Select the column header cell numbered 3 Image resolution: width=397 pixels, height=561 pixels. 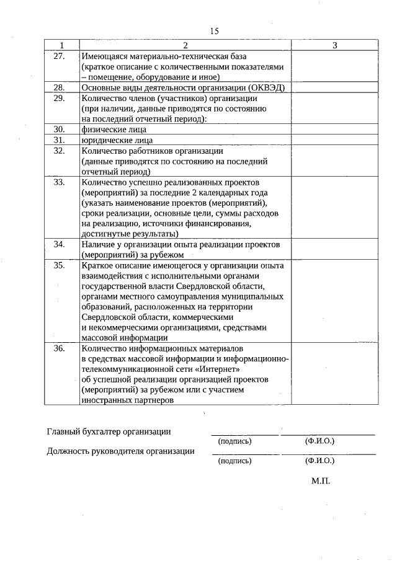334,45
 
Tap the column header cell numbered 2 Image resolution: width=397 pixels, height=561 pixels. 185,45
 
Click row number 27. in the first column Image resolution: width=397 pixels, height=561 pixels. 60,56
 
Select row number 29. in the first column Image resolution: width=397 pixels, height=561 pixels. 60,99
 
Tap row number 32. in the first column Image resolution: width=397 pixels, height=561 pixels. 60,151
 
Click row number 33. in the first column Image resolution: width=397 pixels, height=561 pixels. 60,182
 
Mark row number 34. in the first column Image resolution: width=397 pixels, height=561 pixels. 60,244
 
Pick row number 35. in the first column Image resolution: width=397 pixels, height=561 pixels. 60,265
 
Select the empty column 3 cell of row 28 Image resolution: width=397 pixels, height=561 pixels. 334,88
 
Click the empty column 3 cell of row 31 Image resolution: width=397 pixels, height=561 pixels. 334,140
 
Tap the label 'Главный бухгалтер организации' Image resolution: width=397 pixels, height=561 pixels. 109,431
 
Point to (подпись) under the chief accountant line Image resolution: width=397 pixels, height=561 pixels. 235,441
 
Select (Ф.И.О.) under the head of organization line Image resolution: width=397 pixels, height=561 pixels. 319,461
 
